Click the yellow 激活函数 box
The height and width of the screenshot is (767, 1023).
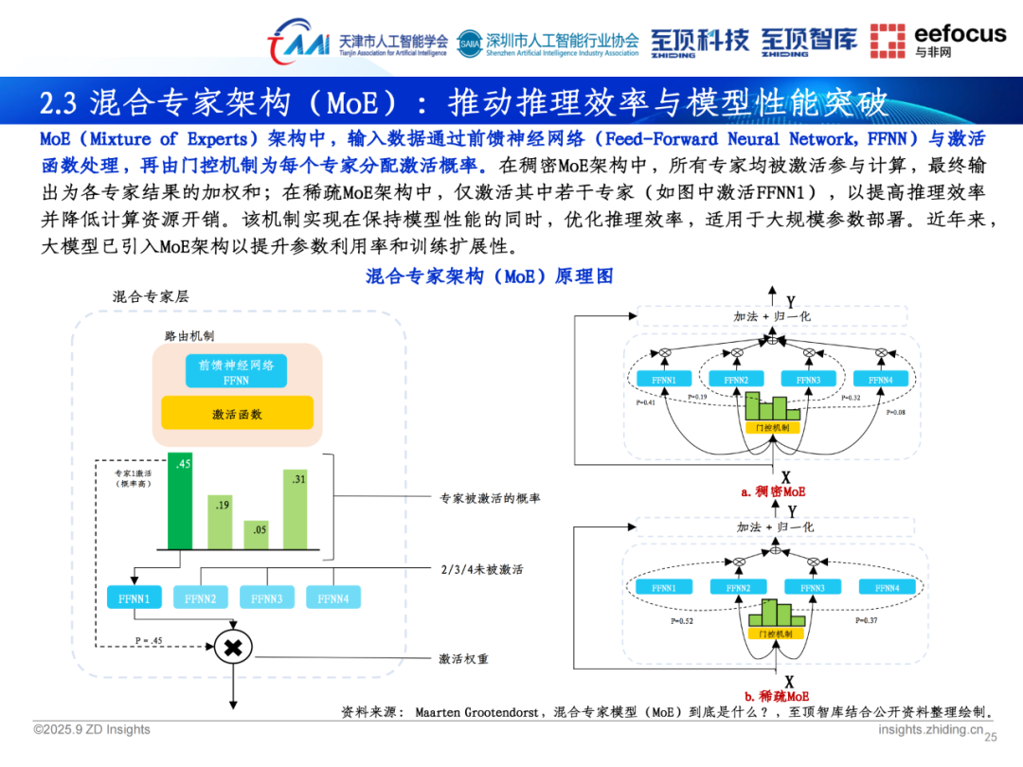(237, 414)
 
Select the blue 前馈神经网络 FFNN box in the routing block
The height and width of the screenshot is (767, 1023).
(236, 371)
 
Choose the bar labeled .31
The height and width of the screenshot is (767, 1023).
(300, 509)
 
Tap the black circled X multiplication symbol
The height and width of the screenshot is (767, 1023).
(231, 648)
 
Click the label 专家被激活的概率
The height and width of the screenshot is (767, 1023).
(490, 498)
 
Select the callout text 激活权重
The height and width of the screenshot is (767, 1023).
(464, 658)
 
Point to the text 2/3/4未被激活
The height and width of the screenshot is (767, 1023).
(482, 569)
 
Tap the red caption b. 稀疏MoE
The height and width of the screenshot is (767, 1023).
(774, 697)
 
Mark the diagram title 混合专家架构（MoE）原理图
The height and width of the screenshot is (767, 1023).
(489, 276)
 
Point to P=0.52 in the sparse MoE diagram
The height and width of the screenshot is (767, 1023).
(682, 621)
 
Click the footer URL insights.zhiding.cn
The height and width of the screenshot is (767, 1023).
(930, 729)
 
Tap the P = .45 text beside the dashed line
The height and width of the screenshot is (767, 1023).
(151, 640)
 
